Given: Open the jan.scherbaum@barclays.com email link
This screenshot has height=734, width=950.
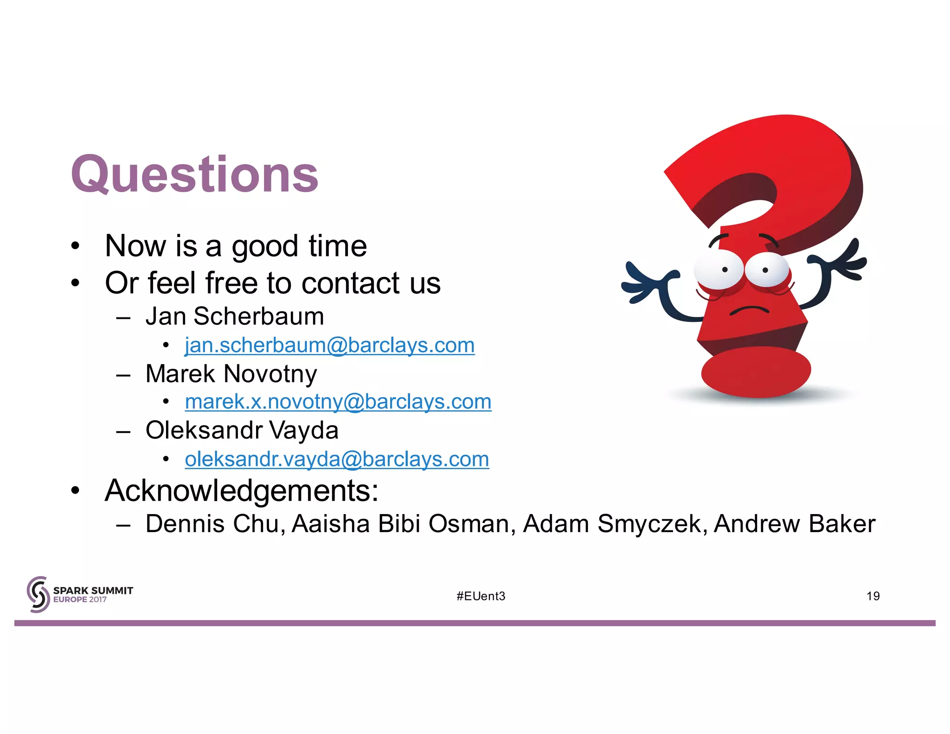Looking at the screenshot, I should point(329,345).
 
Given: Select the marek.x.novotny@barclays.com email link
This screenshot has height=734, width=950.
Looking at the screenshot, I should point(338,402).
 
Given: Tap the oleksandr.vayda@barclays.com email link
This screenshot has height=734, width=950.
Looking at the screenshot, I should point(337,459).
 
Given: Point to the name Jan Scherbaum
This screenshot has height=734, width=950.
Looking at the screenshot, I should point(235,316).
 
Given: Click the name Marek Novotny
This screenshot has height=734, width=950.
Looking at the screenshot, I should point(231,374).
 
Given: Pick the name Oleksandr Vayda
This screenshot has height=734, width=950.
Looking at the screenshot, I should point(242,431).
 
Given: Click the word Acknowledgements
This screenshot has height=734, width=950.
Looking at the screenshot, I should point(241,491).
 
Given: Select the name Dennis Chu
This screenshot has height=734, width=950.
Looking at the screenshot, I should point(215,524).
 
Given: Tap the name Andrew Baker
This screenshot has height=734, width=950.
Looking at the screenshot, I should point(794,524).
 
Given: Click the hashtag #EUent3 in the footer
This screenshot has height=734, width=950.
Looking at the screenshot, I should point(481,596).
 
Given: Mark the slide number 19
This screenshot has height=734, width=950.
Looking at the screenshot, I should point(873,596).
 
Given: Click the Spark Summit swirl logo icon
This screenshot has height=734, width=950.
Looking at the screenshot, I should point(38,594).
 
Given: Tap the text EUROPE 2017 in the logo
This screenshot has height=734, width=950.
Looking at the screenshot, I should point(80,599).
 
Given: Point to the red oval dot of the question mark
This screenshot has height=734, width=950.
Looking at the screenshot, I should point(756,371).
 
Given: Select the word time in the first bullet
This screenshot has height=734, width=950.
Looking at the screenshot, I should point(338,246).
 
